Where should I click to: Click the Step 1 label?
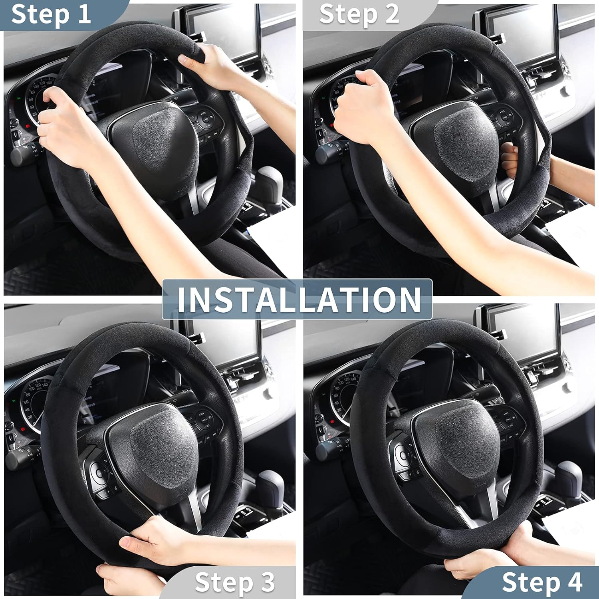51,14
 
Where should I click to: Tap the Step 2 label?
359,14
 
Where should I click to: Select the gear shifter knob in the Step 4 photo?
569,473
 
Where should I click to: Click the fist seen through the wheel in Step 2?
509,160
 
